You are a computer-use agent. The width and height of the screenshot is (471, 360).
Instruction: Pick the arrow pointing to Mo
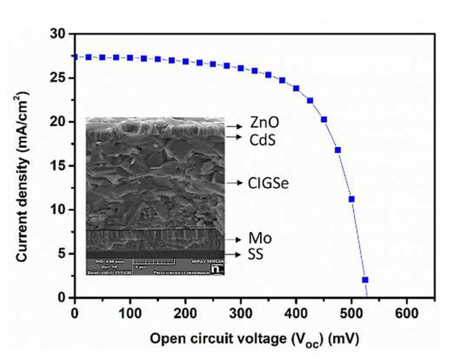(x=234, y=240)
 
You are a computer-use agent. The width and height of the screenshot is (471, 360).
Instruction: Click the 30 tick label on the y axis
(x=59, y=34)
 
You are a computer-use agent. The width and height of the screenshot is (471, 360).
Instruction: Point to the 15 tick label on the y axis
(x=59, y=166)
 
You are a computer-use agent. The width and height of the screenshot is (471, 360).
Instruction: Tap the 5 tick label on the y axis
(x=62, y=254)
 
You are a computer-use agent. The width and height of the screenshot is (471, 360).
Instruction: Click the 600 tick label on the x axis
(x=407, y=314)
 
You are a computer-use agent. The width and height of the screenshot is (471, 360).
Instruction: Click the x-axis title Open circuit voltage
(x=254, y=337)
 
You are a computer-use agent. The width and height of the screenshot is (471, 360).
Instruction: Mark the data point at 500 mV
(x=351, y=199)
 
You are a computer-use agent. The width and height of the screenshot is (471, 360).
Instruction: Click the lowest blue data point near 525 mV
(x=365, y=279)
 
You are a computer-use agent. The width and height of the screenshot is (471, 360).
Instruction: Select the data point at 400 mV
(x=296, y=88)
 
